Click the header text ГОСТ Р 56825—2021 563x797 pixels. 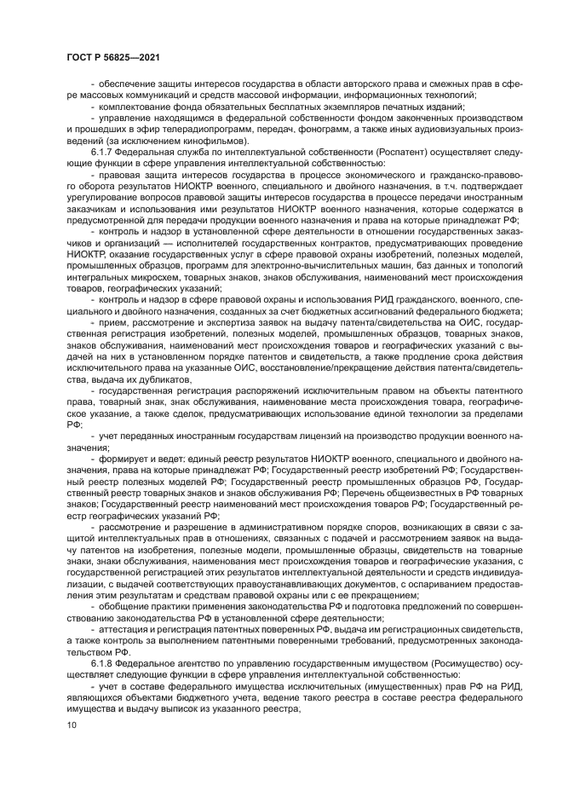tap(113, 56)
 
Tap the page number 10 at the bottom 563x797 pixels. tap(71, 725)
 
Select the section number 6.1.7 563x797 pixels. tap(112, 151)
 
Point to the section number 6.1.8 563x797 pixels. tap(112, 661)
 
